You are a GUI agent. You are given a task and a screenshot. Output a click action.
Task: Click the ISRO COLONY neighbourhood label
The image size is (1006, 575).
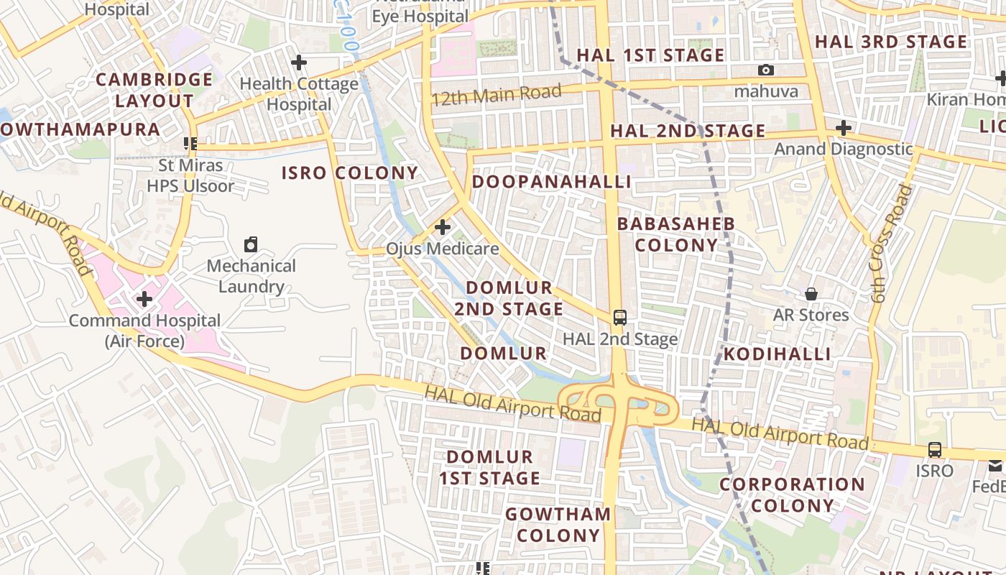click(349, 173)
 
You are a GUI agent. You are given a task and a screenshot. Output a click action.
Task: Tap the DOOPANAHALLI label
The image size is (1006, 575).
click(551, 182)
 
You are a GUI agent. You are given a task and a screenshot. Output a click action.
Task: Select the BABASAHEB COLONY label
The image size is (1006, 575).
click(676, 234)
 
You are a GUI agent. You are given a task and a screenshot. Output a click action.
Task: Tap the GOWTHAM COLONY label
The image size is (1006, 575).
click(558, 525)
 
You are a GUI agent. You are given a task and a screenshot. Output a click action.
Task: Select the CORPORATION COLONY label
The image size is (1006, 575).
click(792, 494)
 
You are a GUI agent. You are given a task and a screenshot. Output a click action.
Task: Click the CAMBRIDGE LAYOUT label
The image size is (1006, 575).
click(154, 90)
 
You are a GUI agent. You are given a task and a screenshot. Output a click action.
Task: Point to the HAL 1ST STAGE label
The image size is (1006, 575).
click(650, 55)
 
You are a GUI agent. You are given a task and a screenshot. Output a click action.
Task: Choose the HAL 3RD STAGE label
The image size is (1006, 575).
click(891, 42)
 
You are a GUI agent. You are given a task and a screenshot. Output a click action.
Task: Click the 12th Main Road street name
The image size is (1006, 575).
click(496, 95)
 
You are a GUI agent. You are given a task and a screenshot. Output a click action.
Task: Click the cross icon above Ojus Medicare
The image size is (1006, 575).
click(443, 228)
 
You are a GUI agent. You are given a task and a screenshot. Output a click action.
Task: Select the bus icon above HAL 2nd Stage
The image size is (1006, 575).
click(619, 318)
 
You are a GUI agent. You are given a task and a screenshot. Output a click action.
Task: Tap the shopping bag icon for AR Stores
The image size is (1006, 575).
click(811, 294)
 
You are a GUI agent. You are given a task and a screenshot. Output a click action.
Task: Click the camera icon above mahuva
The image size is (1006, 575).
click(766, 70)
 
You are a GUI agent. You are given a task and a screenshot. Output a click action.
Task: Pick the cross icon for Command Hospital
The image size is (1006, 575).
click(144, 298)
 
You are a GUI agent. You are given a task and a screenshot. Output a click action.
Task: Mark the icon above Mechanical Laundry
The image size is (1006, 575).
click(251, 244)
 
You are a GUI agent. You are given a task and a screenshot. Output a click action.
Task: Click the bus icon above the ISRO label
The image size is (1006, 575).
click(934, 450)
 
